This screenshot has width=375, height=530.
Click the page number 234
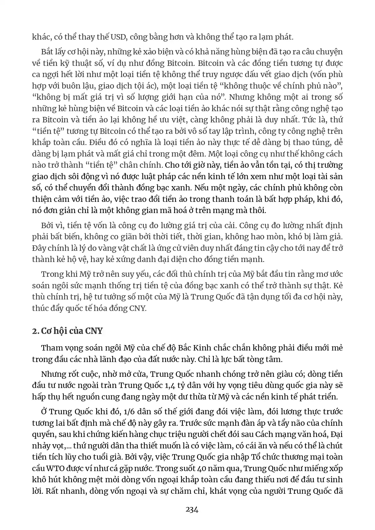192,510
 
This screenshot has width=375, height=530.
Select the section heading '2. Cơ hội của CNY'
67,331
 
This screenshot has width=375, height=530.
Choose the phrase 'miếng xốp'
326,468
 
